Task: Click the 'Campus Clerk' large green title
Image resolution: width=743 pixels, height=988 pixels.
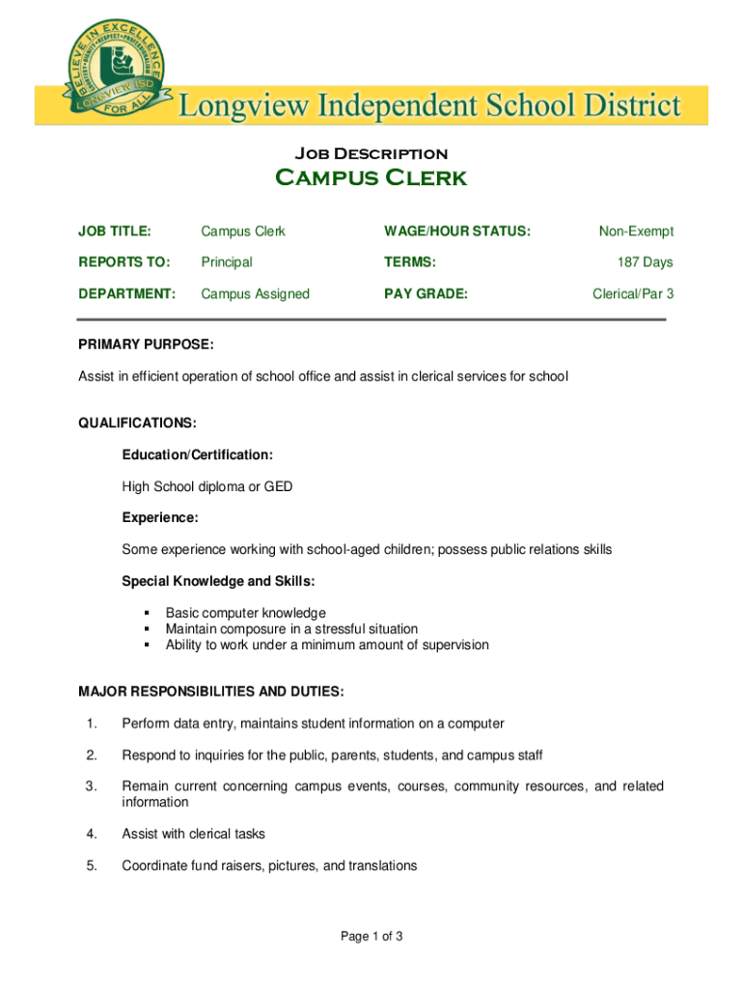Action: coord(371,178)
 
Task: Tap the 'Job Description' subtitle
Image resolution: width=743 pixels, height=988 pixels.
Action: coord(371,153)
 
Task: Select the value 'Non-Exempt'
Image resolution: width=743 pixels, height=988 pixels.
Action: coord(636,232)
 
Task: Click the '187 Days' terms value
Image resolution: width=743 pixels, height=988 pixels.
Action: coord(646,262)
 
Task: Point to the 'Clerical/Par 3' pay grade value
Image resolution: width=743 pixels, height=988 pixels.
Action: coord(633,293)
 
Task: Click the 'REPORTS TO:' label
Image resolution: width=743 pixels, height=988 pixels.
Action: coord(124,262)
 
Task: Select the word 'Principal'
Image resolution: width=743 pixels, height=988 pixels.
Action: coord(226,262)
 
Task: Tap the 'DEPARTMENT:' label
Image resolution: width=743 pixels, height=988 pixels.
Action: coord(126,293)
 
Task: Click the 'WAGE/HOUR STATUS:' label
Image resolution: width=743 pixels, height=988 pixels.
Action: coord(457,232)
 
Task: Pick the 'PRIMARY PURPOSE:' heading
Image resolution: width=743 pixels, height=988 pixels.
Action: coord(146,344)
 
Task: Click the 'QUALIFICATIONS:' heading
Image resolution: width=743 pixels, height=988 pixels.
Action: coord(137,423)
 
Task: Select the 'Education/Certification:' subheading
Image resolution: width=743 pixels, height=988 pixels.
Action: coord(197,454)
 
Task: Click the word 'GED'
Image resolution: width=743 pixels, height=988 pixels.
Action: coord(278,487)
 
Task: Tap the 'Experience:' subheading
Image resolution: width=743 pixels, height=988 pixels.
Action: coord(160,518)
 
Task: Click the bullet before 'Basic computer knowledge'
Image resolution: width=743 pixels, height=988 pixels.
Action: coord(147,614)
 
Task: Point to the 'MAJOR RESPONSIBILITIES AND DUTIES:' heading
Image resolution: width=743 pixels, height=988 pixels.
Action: coord(210,692)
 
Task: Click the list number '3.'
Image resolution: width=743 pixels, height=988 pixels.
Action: coord(92,786)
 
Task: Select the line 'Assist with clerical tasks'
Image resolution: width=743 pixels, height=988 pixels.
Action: coord(193,834)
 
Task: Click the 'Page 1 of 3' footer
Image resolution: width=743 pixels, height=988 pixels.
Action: coord(371,936)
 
